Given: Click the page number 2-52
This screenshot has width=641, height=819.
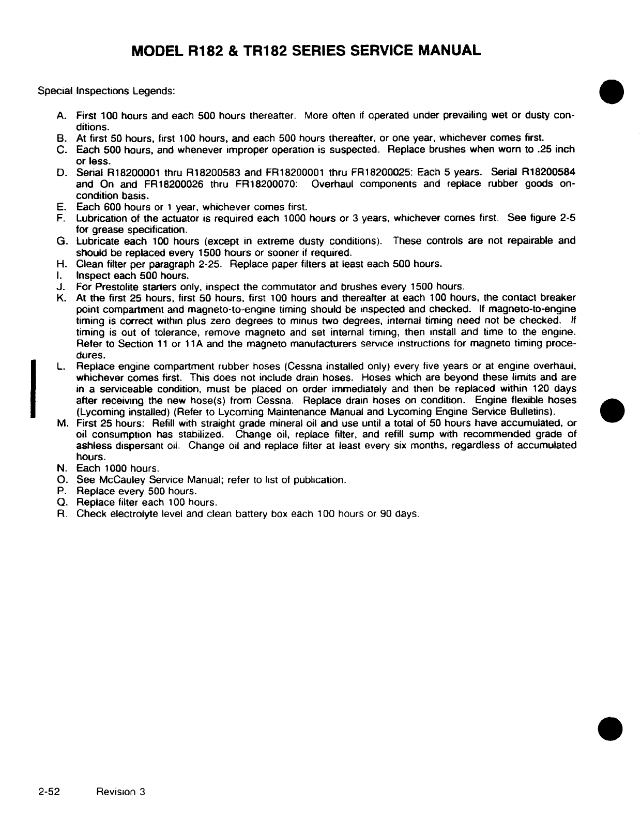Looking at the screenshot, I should tap(50, 792).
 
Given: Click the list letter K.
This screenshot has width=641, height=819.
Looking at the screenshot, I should tap(60, 298).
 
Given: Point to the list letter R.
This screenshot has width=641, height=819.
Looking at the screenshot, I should tap(60, 514).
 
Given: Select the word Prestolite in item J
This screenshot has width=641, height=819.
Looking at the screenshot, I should tap(119, 286).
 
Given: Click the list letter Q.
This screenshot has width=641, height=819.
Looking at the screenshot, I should tap(60, 503).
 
